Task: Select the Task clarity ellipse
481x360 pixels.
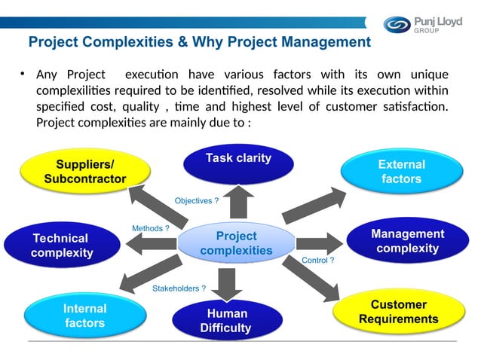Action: click(238, 161)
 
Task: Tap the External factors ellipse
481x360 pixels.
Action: click(401, 171)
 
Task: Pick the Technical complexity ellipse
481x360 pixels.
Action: click(60, 245)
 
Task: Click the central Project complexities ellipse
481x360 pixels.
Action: click(236, 243)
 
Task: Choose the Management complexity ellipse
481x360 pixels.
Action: click(407, 241)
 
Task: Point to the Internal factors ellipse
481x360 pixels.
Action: click(84, 316)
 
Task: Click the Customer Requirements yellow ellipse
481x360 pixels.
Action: click(398, 312)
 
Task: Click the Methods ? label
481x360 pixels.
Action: click(150, 227)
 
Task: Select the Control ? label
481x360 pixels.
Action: click(317, 260)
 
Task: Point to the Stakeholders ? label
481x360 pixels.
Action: click(179, 288)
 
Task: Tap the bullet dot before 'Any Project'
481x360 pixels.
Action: click(23, 75)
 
